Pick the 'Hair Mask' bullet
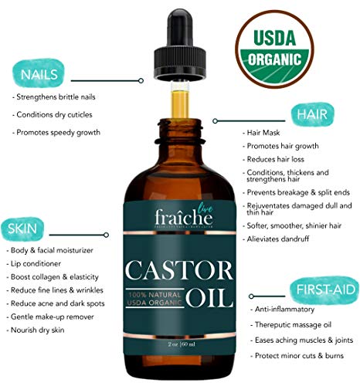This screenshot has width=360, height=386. coord(263,133)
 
